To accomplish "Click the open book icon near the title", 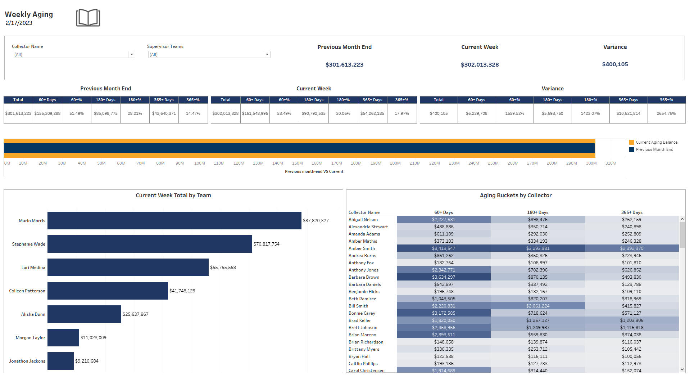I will tap(88, 18).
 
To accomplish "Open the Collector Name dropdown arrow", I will tap(132, 54).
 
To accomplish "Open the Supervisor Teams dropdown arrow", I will tap(267, 54).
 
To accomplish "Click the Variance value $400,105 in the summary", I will tap(615, 64).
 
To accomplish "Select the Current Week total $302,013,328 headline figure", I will tap(480, 65).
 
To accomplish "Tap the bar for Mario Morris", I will tap(174, 220).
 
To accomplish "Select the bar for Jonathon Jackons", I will tap(60, 361).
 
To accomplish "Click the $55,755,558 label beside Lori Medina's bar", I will tap(223, 268).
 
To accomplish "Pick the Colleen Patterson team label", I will tap(27, 291).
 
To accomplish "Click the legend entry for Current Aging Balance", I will tap(656, 142).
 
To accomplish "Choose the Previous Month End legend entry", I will tap(654, 149).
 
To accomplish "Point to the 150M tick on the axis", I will tap(297, 163).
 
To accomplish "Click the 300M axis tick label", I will tap(591, 163).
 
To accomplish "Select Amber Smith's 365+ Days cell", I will tap(631, 248).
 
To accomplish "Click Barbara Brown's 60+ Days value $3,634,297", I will tap(443, 277).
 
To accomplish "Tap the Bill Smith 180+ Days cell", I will tap(537, 306).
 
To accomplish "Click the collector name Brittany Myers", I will tap(364, 349).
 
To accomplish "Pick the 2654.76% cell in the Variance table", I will tap(666, 113).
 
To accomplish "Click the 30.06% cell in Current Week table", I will tap(343, 113).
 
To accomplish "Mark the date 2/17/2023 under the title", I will tap(19, 23).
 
